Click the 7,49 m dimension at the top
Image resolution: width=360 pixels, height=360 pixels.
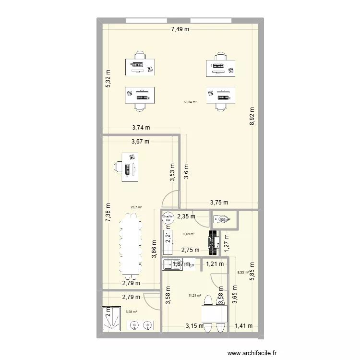click(x=180, y=30)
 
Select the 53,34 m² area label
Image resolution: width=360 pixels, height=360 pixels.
click(x=190, y=102)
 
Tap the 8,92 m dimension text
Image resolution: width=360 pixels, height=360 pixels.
click(x=252, y=116)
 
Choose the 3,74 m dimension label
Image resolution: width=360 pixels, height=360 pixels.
click(x=141, y=128)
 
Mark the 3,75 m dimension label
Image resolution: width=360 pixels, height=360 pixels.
click(x=219, y=203)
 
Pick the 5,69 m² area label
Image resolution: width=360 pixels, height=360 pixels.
click(x=189, y=234)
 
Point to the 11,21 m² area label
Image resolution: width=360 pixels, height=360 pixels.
click(x=194, y=296)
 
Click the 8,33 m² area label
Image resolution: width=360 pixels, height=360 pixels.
click(x=243, y=273)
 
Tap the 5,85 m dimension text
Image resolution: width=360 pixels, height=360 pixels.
click(x=251, y=272)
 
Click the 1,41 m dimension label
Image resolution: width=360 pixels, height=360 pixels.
click(x=243, y=327)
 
